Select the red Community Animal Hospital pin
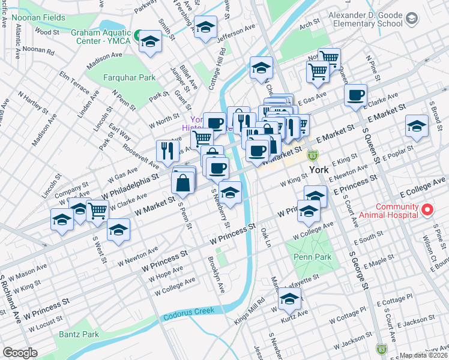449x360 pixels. click(427, 210)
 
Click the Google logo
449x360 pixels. click(20, 352)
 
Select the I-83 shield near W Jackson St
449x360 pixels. click(381, 348)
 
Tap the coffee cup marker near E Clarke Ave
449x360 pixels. click(356, 95)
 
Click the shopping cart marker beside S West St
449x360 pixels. click(97, 211)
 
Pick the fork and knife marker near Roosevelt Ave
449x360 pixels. click(167, 149)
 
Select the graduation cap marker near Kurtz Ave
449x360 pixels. click(289, 298)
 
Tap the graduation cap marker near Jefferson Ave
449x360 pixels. click(205, 28)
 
